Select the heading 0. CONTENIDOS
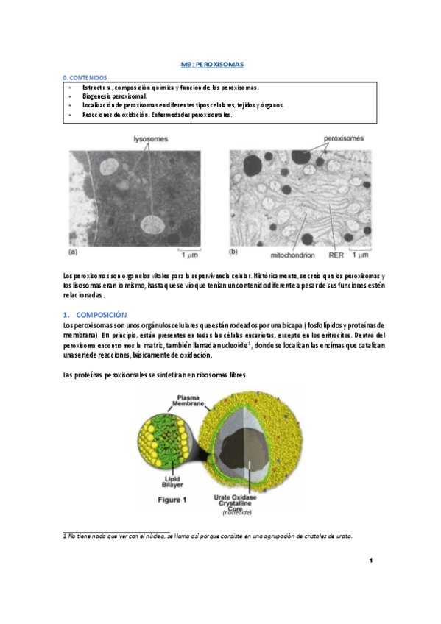click(85, 77)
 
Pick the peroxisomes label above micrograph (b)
click(344, 138)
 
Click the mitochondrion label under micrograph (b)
click(293, 255)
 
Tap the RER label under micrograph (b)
click(336, 255)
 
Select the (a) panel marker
click(72, 252)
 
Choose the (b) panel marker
click(233, 252)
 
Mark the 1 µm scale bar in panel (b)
click(359, 255)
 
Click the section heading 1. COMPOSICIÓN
click(95, 314)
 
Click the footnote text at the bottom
click(208, 536)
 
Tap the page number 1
click(371, 562)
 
